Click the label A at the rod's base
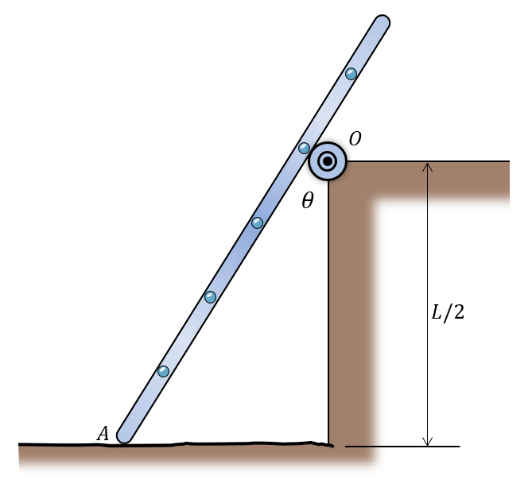tap(103, 433)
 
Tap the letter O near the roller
tap(355, 138)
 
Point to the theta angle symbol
tap(308, 200)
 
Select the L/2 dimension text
tap(448, 312)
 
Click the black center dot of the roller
tap(328, 161)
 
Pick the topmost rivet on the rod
tap(351, 74)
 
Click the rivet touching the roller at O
tap(304, 148)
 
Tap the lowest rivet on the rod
tap(164, 372)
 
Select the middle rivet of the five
tap(257, 222)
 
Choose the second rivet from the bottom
tap(211, 297)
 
